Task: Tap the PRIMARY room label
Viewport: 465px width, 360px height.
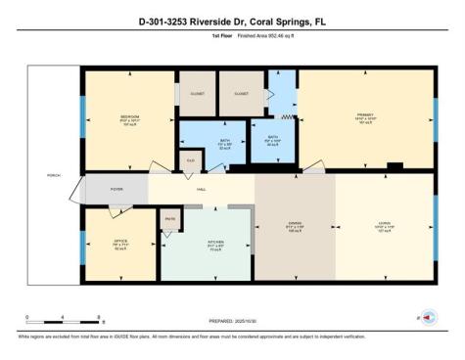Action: pos(365,116)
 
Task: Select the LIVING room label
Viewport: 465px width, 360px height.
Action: pos(383,223)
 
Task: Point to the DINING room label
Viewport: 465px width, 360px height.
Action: pos(295,223)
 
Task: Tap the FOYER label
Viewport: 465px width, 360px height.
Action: pos(116,189)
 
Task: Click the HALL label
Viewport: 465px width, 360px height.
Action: pos(201,189)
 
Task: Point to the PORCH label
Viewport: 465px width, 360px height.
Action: pos(53,177)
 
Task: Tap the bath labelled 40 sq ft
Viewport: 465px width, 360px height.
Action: pos(273,138)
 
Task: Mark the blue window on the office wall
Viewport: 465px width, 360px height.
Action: pos(81,241)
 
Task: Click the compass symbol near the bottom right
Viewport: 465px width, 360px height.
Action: pos(431,317)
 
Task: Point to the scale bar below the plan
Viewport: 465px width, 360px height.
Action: pos(65,319)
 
